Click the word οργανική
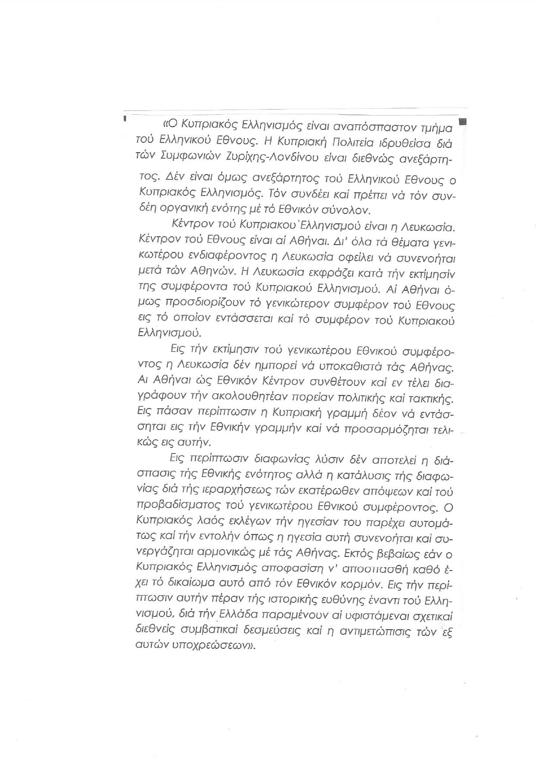[x=203, y=210]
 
